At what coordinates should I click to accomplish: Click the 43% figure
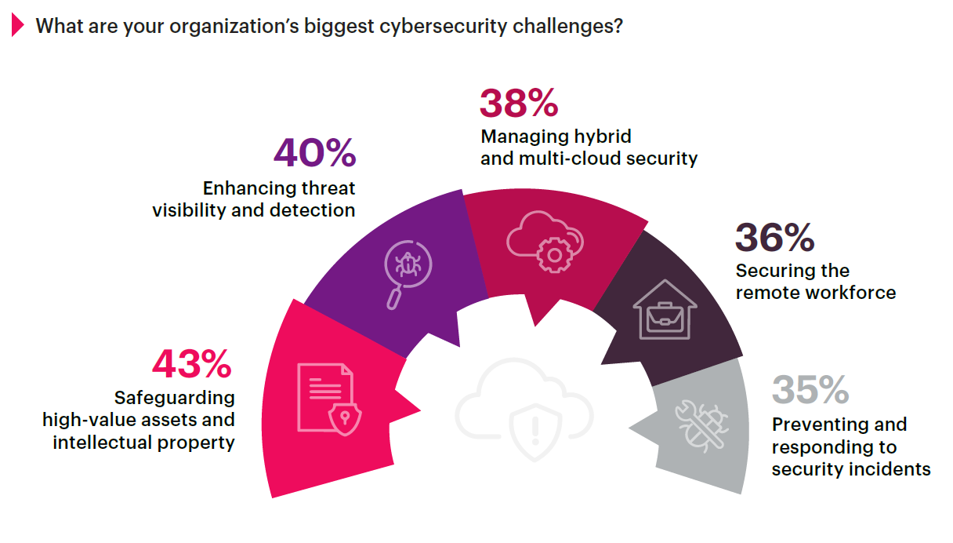(192, 364)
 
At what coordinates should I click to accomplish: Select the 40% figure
(314, 155)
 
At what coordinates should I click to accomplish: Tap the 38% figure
(519, 104)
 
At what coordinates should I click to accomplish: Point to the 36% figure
(774, 238)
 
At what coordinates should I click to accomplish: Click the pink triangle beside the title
(18, 26)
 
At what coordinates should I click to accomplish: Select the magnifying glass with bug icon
(407, 272)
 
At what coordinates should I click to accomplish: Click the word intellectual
(100, 442)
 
